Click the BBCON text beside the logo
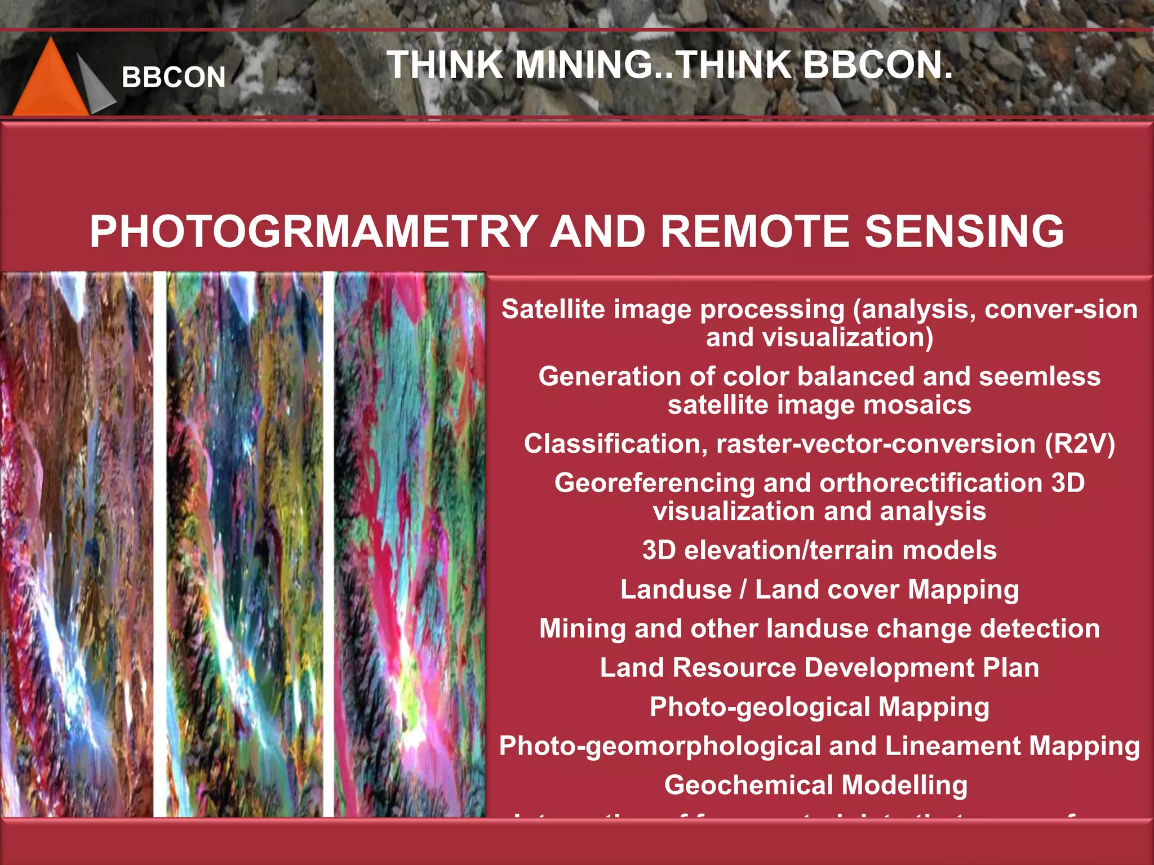click(x=174, y=77)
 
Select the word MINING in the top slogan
click(x=583, y=65)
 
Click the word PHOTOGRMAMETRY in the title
click(x=313, y=231)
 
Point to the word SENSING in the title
click(x=964, y=231)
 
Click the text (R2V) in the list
click(x=1080, y=444)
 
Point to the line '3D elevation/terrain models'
click(x=819, y=550)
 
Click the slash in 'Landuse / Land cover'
click(x=743, y=590)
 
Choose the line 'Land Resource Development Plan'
click(x=819, y=668)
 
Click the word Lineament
click(x=953, y=746)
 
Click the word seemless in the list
click(x=1039, y=376)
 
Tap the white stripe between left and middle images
click(x=160, y=543)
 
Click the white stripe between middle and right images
click(x=329, y=543)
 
